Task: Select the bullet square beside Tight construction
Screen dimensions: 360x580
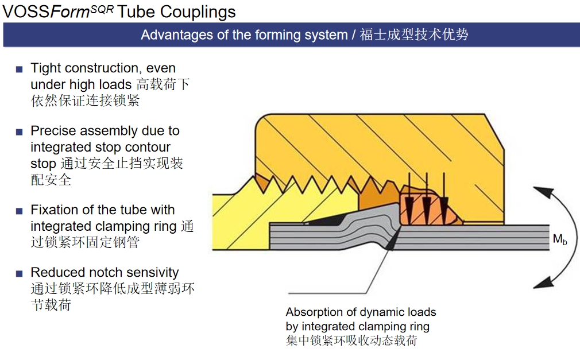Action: pyautogui.click(x=19, y=69)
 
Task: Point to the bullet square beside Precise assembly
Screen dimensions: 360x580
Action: pyautogui.click(x=19, y=132)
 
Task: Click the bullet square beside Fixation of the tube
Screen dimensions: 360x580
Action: pyautogui.click(x=19, y=211)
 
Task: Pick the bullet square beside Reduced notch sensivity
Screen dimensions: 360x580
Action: pyautogui.click(x=19, y=273)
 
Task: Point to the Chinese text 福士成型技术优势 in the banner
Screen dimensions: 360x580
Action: pyautogui.click(x=414, y=35)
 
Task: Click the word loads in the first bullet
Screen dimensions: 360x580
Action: pyautogui.click(x=115, y=85)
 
